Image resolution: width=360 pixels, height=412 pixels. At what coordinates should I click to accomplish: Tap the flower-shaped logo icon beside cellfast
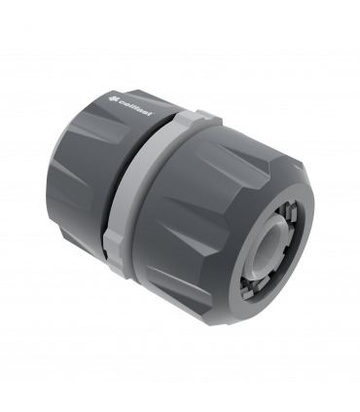point(115,98)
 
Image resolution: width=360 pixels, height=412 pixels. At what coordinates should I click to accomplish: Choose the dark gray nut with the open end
point(214,205)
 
